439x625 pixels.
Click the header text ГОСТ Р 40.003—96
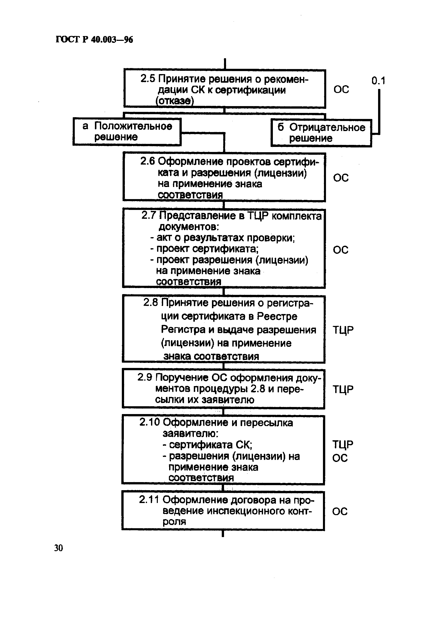94,40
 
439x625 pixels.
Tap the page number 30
58,548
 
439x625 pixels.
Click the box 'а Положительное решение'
127,132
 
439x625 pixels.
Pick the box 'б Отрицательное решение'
321,133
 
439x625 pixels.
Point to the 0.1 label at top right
378,81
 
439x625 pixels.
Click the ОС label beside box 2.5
341,89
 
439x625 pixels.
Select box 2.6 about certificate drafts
224,177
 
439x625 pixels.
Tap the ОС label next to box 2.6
341,178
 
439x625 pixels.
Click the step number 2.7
149,215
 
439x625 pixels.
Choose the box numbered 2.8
224,329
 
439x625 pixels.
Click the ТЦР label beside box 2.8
343,330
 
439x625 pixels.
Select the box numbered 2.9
224,389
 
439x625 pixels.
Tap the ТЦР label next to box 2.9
343,390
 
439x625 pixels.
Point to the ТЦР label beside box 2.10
343,445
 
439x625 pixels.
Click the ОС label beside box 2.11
340,512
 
